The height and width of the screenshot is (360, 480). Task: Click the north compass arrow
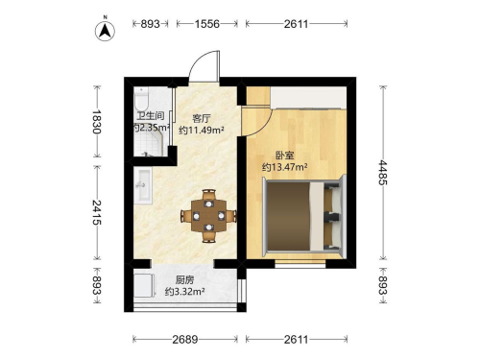click(x=105, y=31)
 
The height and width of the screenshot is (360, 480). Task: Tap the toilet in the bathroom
click(x=141, y=99)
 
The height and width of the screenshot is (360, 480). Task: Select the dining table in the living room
click(x=208, y=216)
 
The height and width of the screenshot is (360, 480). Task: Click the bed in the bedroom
click(x=302, y=217)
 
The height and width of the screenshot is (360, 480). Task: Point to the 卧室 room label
click(x=285, y=156)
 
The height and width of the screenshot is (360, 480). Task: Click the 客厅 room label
click(x=202, y=119)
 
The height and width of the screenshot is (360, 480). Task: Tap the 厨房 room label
click(x=184, y=280)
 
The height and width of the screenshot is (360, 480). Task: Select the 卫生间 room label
click(x=151, y=116)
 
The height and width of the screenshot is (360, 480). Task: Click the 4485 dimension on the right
click(x=383, y=173)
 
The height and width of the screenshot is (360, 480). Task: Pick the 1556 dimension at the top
click(x=207, y=24)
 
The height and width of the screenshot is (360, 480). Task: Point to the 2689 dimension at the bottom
click(x=185, y=339)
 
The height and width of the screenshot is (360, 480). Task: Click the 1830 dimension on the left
click(x=97, y=122)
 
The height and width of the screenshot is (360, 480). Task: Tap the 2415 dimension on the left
click(x=97, y=212)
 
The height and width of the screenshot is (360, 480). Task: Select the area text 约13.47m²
click(x=285, y=167)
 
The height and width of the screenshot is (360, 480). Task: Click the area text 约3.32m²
click(x=184, y=292)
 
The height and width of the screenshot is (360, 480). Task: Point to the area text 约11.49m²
click(x=202, y=131)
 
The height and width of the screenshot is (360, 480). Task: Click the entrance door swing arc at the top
click(x=196, y=60)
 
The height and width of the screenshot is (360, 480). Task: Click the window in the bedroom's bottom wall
click(x=300, y=264)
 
